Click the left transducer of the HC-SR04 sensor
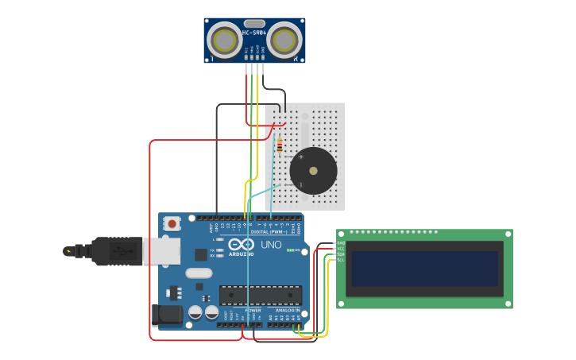(224, 40)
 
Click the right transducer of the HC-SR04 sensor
(284, 40)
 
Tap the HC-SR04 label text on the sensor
(253, 33)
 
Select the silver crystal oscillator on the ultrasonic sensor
(253, 24)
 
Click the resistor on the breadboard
(280, 145)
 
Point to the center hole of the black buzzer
(313, 170)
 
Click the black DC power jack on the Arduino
(169, 314)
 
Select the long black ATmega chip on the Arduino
(260, 294)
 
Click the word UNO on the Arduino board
(271, 245)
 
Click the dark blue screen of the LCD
(424, 269)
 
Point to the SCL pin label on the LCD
(341, 260)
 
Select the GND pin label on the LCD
(341, 243)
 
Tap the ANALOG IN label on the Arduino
(288, 310)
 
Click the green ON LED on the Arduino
(291, 251)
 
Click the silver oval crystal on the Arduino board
(199, 273)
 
